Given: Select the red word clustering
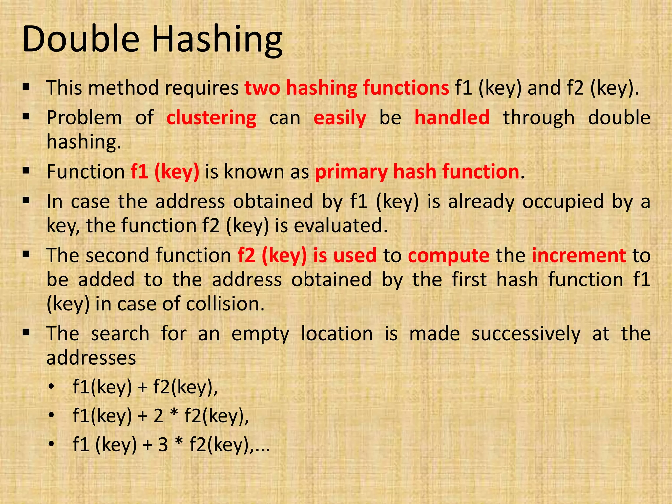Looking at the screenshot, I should point(211,118).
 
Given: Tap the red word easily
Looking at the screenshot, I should point(340,118).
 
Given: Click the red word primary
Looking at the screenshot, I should point(351,172).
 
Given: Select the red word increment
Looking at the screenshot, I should point(579,255).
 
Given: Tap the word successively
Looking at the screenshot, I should point(526,334).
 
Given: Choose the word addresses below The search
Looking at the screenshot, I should point(91,358).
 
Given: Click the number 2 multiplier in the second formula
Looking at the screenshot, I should point(158,416).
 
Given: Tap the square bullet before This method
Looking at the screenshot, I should point(26,87).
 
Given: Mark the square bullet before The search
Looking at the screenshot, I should point(26,333).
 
